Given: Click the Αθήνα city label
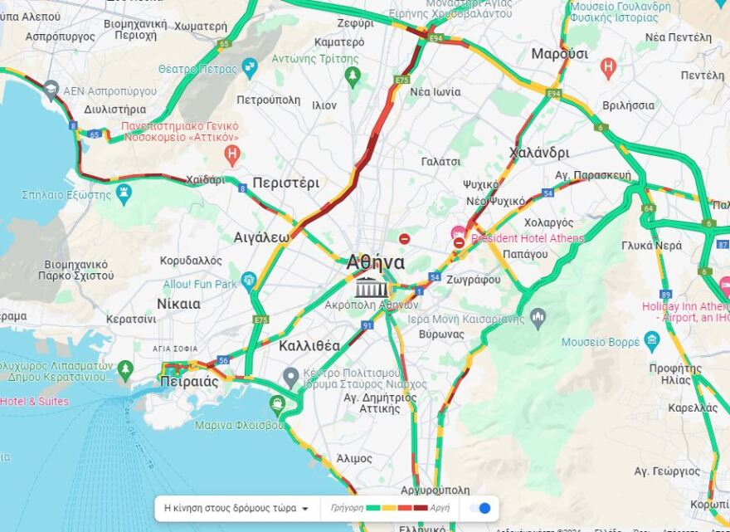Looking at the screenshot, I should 376,263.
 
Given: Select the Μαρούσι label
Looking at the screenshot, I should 559,54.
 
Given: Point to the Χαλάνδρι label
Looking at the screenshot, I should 539,153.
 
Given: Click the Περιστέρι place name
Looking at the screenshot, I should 285,183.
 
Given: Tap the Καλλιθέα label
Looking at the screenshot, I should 309,346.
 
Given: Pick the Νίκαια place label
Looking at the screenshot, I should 178,304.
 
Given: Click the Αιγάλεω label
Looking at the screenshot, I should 261,237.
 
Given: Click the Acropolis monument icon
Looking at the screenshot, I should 372,287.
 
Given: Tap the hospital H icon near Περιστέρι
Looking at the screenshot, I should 232,154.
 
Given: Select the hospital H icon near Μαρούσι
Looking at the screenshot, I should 608,66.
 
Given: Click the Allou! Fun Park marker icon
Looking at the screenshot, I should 249,281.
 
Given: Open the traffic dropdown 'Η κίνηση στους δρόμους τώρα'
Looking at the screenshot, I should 236,508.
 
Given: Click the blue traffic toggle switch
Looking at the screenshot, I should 480,508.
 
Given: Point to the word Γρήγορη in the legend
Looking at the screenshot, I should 347,508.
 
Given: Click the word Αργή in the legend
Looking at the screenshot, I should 440,508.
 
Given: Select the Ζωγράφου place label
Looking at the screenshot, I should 473,280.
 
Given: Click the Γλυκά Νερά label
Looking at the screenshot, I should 651,246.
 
